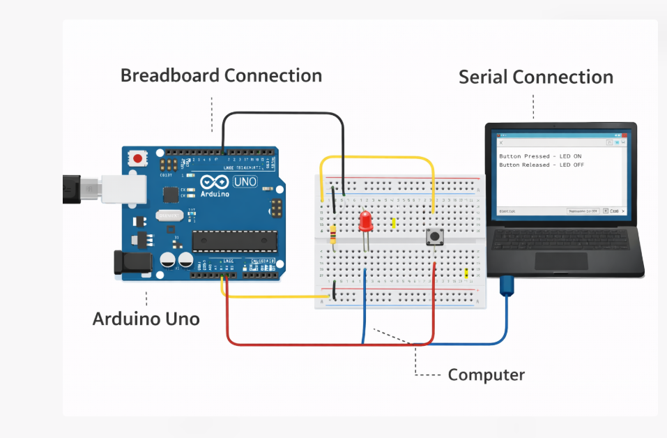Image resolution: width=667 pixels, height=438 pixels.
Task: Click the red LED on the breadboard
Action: (x=365, y=222)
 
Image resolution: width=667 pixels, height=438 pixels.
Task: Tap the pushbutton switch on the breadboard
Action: (x=434, y=237)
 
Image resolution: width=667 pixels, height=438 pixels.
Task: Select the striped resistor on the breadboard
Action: (x=334, y=234)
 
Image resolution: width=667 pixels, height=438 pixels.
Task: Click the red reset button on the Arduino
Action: (x=138, y=159)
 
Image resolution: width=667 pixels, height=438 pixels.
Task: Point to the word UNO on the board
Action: (x=245, y=182)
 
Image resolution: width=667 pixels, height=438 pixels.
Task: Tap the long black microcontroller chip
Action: (x=234, y=241)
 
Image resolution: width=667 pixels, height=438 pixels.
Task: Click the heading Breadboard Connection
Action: (x=221, y=75)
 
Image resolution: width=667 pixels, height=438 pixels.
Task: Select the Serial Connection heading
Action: (x=535, y=77)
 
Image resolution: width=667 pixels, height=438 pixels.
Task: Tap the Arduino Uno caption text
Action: (x=146, y=319)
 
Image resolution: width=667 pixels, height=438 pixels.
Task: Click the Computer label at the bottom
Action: (x=486, y=375)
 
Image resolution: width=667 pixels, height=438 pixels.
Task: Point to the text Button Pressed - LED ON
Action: (x=540, y=156)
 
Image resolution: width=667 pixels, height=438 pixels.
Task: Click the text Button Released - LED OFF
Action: (x=542, y=165)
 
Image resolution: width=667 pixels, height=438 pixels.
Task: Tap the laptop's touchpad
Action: (x=560, y=261)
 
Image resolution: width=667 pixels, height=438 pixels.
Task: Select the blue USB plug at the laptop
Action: (x=507, y=284)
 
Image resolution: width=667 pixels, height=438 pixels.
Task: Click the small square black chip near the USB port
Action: (x=168, y=193)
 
